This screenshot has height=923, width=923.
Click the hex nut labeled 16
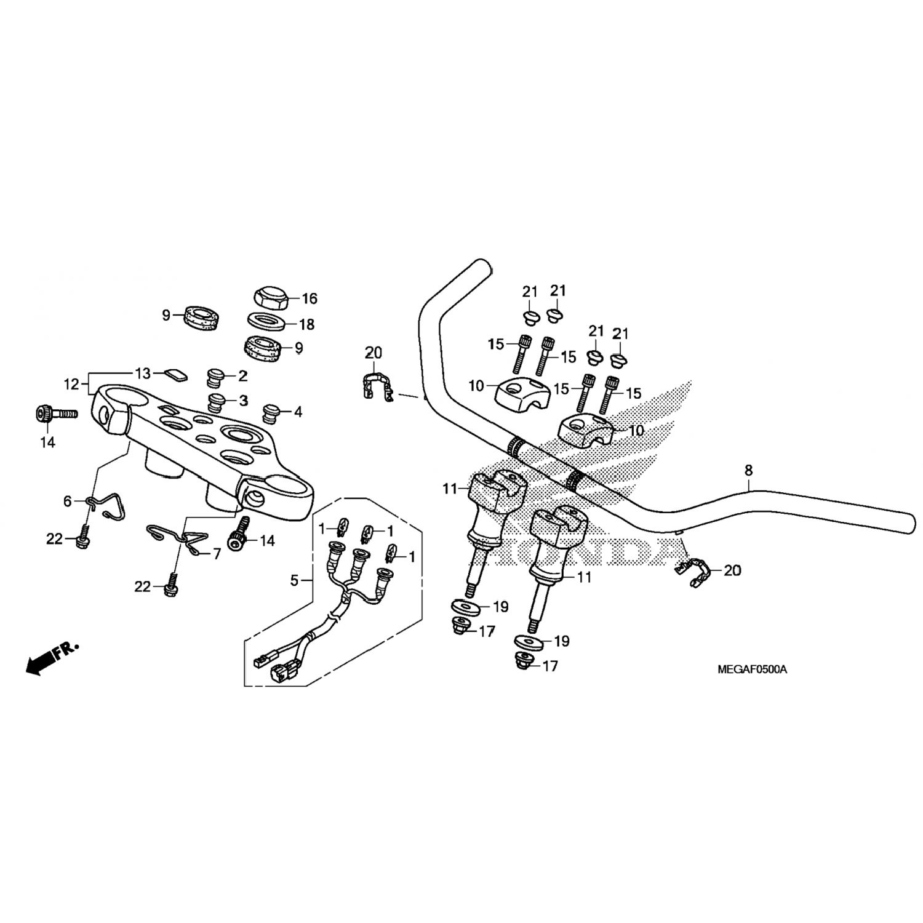(x=271, y=298)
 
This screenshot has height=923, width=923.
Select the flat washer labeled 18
(x=265, y=322)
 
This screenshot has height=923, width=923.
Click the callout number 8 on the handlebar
(x=748, y=471)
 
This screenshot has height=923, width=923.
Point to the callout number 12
(x=71, y=385)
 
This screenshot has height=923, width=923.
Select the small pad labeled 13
(x=174, y=374)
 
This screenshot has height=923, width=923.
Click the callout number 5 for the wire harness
(x=294, y=580)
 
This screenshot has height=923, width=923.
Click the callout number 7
(x=216, y=554)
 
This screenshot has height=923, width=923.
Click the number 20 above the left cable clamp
(x=374, y=353)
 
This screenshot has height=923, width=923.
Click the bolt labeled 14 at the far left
(x=55, y=414)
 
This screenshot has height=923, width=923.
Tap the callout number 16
(x=310, y=299)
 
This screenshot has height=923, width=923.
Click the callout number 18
(x=306, y=324)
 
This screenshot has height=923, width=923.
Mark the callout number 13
(x=143, y=373)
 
